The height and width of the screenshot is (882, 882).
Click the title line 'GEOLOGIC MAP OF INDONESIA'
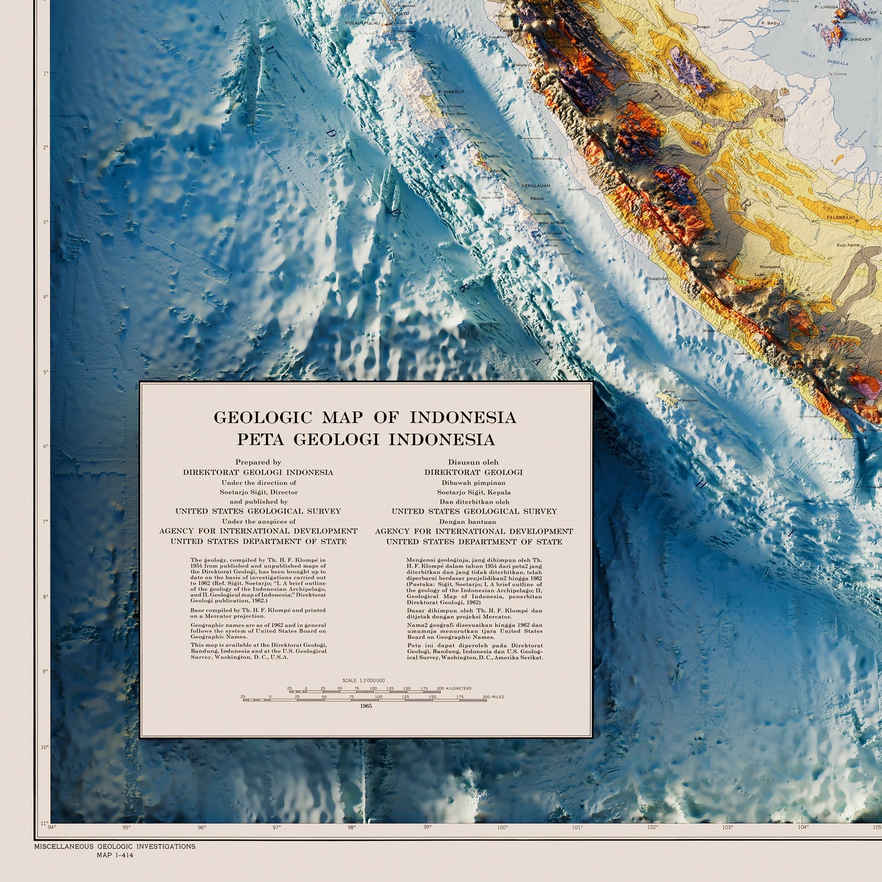(x=364, y=418)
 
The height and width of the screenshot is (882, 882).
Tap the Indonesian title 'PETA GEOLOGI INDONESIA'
(x=366, y=439)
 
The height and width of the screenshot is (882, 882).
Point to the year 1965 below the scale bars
(x=366, y=706)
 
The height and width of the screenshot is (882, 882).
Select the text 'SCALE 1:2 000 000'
(x=363, y=680)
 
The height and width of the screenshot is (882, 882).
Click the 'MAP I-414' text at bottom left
(x=115, y=855)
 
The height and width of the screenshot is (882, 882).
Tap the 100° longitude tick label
(x=502, y=828)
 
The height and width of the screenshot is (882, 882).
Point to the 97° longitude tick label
(x=277, y=828)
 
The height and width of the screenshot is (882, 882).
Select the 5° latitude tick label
(x=45, y=372)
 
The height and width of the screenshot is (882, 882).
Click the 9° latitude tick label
(x=45, y=671)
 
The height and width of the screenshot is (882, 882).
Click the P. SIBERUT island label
(x=451, y=92)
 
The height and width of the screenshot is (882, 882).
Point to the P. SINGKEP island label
(x=857, y=39)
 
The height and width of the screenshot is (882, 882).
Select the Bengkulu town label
(x=657, y=278)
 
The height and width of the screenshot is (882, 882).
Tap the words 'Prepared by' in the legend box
(x=258, y=463)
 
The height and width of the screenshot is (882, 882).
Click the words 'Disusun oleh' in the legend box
(x=473, y=463)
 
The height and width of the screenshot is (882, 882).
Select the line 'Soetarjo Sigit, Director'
(x=259, y=492)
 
